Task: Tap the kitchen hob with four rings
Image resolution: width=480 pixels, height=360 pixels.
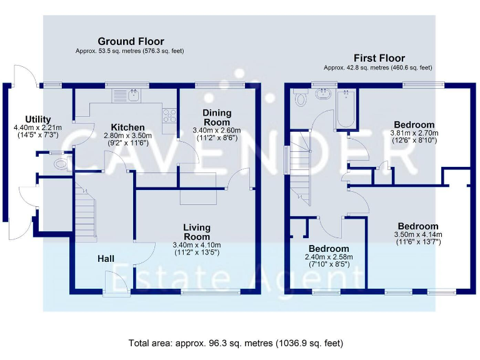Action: [x=169, y=115]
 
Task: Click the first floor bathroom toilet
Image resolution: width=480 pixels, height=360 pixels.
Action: [x=301, y=99]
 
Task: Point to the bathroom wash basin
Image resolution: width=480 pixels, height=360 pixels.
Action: [x=324, y=96]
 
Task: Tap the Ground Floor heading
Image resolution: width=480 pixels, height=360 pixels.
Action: [x=122, y=41]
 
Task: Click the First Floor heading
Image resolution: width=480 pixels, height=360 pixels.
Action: [x=379, y=58]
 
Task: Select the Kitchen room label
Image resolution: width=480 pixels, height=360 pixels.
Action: [x=128, y=127]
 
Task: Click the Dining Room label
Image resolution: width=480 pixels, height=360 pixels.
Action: [x=217, y=117]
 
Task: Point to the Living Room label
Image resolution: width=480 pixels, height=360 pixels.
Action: [x=197, y=232]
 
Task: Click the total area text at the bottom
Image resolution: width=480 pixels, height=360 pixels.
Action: [x=236, y=343]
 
